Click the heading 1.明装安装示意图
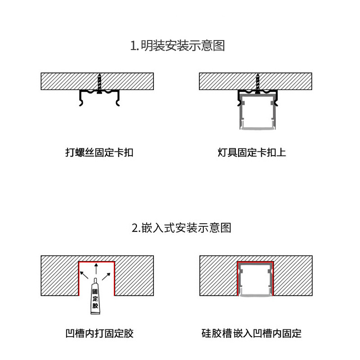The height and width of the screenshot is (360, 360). coord(177,46)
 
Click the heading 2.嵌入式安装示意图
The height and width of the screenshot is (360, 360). coord(181,228)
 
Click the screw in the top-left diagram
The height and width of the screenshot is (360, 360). coord(99,82)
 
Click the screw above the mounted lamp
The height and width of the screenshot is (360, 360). coord(258,82)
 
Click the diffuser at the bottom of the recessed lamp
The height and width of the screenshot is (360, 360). coord(256,295)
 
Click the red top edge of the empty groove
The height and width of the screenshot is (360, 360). coord(97,261)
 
